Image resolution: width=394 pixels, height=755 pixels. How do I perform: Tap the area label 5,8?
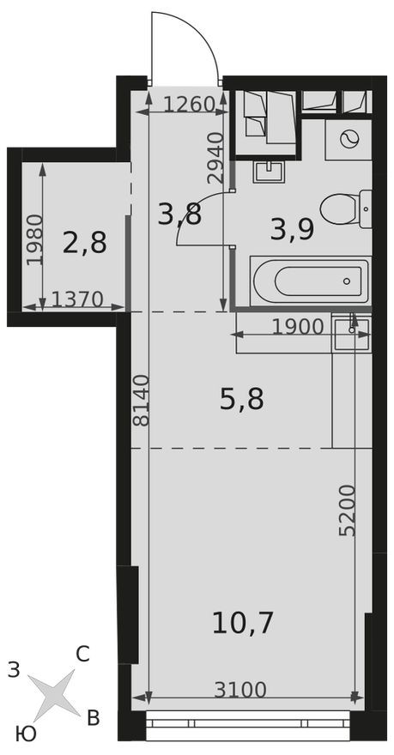click(x=241, y=399)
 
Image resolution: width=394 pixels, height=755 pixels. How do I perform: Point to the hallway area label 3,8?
click(x=179, y=214)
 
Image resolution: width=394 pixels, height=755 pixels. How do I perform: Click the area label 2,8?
click(x=84, y=243)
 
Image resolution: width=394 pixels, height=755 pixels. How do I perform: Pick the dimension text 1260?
click(x=187, y=106)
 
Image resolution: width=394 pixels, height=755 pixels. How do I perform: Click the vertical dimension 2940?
click(x=216, y=158)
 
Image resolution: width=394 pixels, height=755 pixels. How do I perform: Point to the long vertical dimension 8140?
click(x=141, y=401)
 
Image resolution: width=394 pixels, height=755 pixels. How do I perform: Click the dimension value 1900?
click(x=297, y=327)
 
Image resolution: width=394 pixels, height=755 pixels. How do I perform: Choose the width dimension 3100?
click(x=240, y=689)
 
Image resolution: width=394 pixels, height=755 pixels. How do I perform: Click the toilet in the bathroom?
click(x=345, y=207)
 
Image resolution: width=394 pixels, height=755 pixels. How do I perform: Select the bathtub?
click(x=311, y=280)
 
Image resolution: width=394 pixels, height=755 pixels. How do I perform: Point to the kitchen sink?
click(x=352, y=330)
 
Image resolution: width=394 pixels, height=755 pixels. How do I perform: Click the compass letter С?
click(x=82, y=655)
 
